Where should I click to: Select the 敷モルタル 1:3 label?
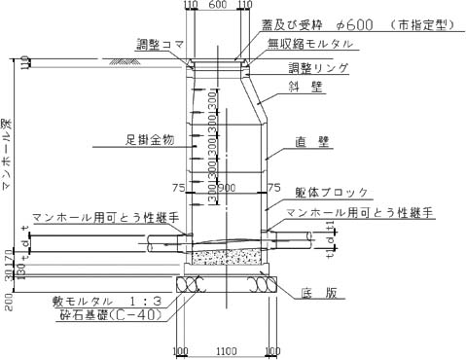113,302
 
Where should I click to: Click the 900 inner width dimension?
228,188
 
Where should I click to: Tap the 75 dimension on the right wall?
275,187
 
